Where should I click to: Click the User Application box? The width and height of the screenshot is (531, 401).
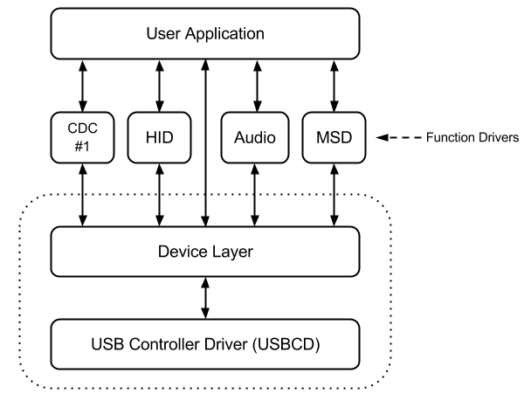pyautogui.click(x=205, y=35)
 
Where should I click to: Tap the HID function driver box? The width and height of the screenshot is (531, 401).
pyautogui.click(x=160, y=137)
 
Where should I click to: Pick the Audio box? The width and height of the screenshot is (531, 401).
pyautogui.click(x=255, y=137)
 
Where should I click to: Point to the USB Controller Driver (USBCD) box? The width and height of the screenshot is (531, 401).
pyautogui.click(x=205, y=343)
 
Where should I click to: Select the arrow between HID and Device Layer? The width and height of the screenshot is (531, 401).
pyautogui.click(x=160, y=197)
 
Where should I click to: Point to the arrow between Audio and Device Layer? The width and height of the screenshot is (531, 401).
pyautogui.click(x=255, y=197)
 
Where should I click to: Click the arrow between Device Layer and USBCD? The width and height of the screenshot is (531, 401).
pyautogui.click(x=205, y=299)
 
